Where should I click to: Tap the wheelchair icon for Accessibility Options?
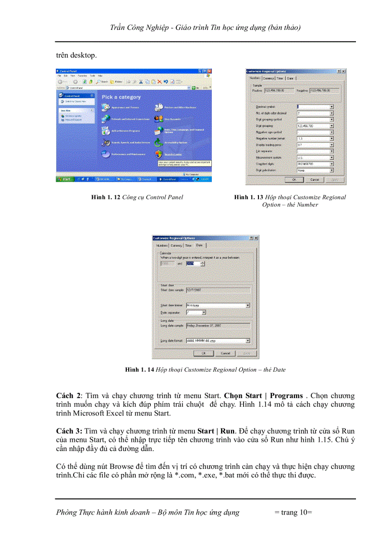pos(159,142)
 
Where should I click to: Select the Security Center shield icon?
pos(159,154)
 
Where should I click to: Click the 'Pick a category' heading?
pos(121,97)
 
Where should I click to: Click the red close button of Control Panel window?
pos(209,71)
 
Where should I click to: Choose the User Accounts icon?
pos(159,118)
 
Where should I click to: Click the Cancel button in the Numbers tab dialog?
pos(314,179)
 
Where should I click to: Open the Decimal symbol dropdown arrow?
pos(331,107)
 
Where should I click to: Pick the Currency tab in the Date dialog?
pos(176,245)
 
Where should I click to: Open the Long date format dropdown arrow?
pos(247,341)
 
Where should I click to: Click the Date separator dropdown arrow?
pos(204,312)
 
